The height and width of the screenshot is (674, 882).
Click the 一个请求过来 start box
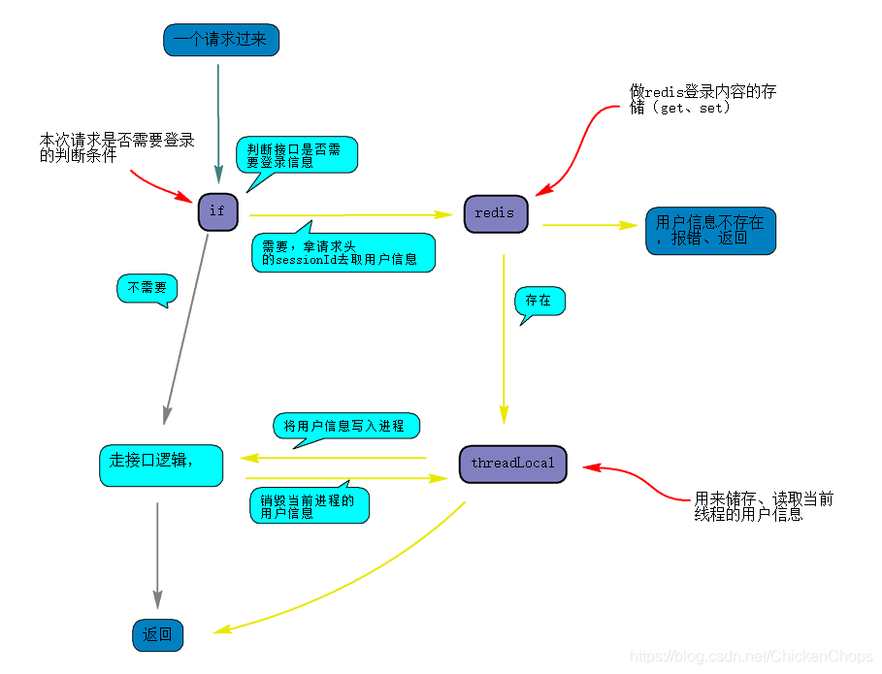pyautogui.click(x=220, y=40)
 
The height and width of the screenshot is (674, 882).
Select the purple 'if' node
pyautogui.click(x=217, y=211)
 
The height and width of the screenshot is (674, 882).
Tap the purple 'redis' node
pyautogui.click(x=495, y=213)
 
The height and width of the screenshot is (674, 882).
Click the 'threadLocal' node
pyautogui.click(x=512, y=464)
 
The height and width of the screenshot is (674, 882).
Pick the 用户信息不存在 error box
pyautogui.click(x=710, y=231)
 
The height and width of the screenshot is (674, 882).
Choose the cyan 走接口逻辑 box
pyautogui.click(x=161, y=465)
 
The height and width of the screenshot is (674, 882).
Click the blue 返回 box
pyautogui.click(x=157, y=635)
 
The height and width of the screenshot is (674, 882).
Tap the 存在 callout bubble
pyautogui.click(x=539, y=301)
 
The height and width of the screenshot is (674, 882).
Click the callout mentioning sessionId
pyautogui.click(x=343, y=252)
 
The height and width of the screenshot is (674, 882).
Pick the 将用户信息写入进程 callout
pyautogui.click(x=344, y=427)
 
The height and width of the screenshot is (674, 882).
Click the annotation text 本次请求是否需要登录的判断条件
pyautogui.click(x=116, y=147)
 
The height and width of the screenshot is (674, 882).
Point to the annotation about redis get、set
pyautogui.click(x=702, y=100)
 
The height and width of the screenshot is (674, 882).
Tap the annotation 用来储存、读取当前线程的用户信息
pyautogui.click(x=763, y=506)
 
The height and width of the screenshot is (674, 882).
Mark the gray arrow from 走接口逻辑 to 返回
pyautogui.click(x=157, y=553)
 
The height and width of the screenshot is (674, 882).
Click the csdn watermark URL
pyautogui.click(x=752, y=657)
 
